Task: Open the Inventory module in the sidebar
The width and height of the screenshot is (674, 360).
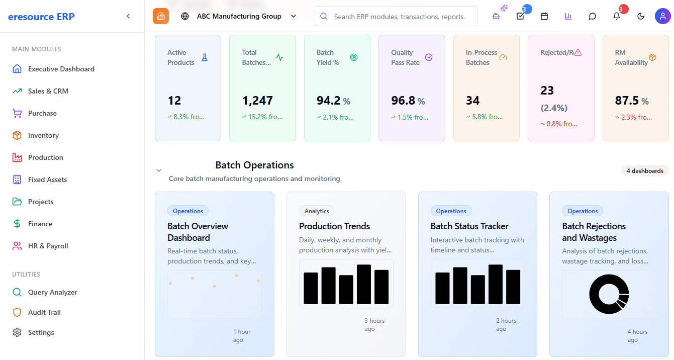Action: click(43, 135)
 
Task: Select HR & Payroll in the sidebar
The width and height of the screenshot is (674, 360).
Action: click(48, 246)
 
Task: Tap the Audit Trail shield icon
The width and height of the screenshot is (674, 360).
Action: click(17, 312)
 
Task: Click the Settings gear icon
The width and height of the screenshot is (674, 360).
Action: click(17, 332)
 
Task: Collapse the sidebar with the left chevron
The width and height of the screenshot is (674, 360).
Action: click(128, 16)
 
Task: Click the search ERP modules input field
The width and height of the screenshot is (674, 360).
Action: click(396, 16)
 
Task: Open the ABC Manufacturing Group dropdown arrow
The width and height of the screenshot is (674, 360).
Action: click(294, 16)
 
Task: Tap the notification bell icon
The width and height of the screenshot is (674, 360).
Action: click(617, 16)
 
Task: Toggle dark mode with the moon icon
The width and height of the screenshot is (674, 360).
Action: click(641, 16)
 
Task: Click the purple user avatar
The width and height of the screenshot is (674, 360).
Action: click(662, 16)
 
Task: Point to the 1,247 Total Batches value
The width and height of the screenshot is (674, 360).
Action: click(257, 101)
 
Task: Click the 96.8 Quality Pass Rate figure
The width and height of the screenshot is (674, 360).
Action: click(403, 101)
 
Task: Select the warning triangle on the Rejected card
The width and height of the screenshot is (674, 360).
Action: click(577, 53)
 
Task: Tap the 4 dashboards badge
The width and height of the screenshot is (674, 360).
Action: click(645, 171)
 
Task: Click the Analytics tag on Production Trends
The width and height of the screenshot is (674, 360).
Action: click(317, 211)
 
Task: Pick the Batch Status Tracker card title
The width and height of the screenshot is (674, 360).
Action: click(469, 226)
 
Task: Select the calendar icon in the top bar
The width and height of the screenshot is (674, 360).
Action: click(544, 16)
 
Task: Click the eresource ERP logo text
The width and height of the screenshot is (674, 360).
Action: click(41, 17)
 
